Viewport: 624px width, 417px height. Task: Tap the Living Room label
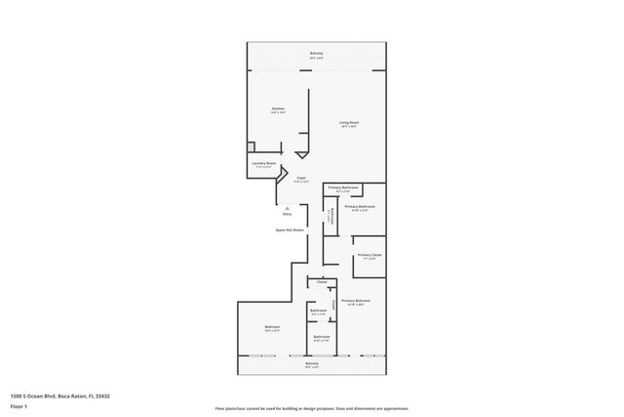click(347, 122)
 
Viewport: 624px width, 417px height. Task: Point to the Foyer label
click(301, 178)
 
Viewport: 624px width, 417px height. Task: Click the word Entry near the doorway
click(287, 213)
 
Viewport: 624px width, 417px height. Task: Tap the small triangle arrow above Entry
click(287, 207)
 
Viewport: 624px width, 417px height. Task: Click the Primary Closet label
click(369, 255)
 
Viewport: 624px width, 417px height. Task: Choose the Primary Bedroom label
click(355, 300)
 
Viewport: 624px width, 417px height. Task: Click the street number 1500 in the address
click(18, 396)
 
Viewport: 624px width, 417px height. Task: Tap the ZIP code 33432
click(103, 396)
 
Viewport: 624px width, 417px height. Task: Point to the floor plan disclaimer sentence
click(311, 407)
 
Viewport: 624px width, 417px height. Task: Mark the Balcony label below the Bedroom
click(311, 363)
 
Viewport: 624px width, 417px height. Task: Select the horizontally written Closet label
click(322, 282)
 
